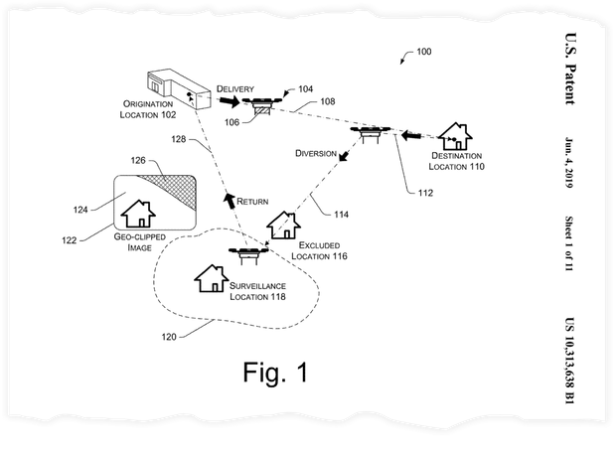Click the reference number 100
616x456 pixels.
point(424,52)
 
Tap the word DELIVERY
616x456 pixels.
point(235,88)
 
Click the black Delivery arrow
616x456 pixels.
point(230,101)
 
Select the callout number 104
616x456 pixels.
point(306,88)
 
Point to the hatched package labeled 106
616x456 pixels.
point(262,110)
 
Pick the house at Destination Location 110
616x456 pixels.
point(455,136)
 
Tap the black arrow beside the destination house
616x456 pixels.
point(411,136)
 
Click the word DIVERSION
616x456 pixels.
point(316,153)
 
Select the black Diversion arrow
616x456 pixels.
point(344,156)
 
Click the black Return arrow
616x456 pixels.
point(230,201)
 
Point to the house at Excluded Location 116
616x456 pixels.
point(283,226)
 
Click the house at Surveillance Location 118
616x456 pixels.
point(212,278)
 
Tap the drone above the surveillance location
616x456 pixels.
point(248,254)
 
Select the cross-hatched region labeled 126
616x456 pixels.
point(173,190)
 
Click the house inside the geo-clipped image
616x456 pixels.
point(138,214)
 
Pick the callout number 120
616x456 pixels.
point(169,337)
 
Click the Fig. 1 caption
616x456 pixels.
point(275,372)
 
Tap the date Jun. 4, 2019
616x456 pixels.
point(569,163)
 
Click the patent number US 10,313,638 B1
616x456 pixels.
point(569,361)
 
